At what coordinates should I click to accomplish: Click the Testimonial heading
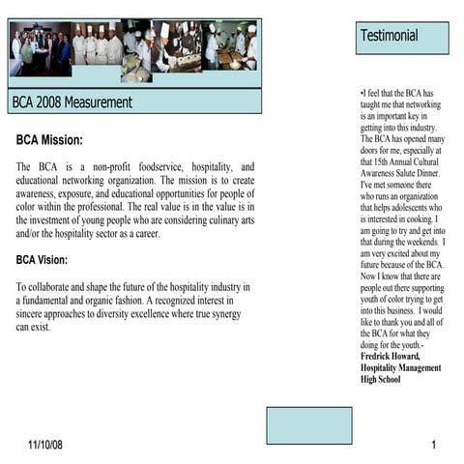click(389, 37)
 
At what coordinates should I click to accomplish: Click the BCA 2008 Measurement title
click(72, 101)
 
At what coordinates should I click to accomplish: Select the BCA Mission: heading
click(56, 141)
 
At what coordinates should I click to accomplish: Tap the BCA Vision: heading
click(55, 259)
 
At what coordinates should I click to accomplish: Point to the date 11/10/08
click(44, 444)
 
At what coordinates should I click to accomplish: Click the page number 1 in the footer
click(435, 444)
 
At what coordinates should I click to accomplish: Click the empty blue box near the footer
click(308, 425)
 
